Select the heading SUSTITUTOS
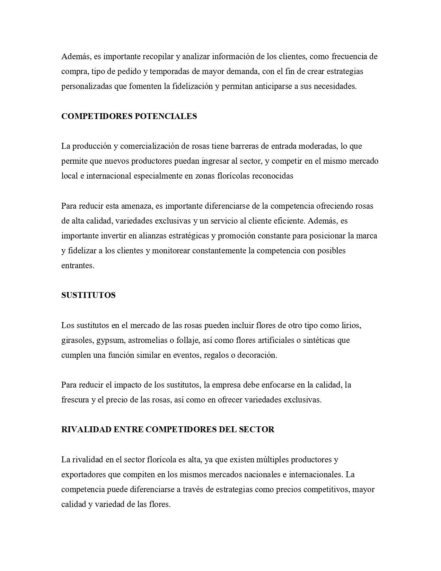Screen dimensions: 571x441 pos(88,295)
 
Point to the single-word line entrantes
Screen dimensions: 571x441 pos(78,266)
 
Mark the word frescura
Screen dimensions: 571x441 pos(75,400)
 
